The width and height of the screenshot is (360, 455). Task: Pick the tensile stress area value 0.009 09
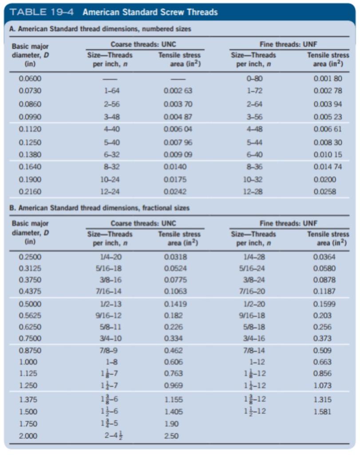(178, 156)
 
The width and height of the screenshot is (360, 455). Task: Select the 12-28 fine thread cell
(253, 192)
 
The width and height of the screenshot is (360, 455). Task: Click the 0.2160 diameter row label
(28, 192)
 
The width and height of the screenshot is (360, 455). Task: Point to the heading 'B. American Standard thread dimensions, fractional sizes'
(99, 208)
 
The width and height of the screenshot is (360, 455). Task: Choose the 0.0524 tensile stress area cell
(175, 268)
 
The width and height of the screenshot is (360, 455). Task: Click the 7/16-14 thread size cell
(109, 291)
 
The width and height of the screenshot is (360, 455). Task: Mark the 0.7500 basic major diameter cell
(28, 339)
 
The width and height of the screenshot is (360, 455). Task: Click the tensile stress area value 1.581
(322, 411)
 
